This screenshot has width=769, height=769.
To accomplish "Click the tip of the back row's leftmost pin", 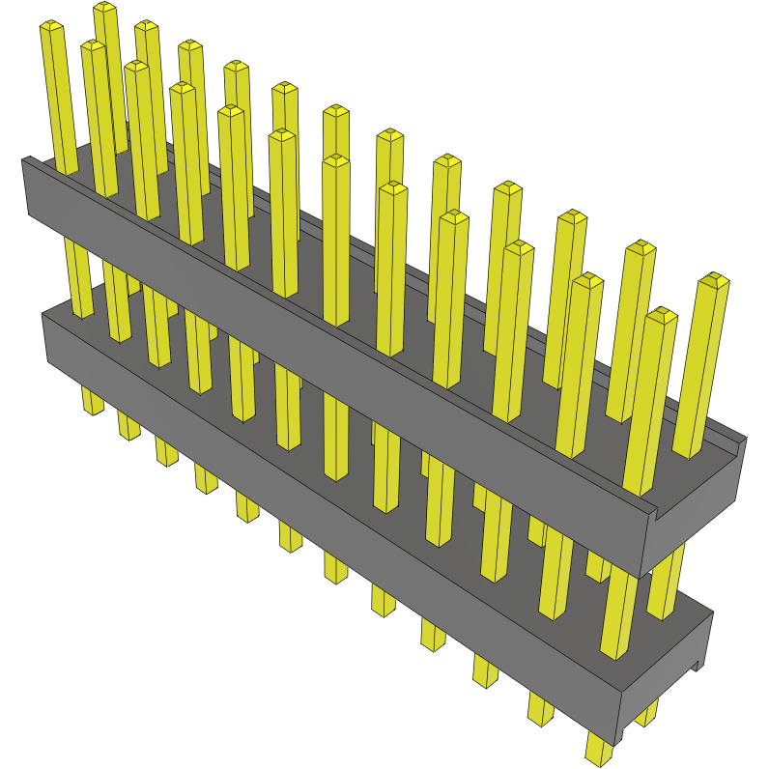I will (104, 9).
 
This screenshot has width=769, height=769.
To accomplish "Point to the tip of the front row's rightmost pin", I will (662, 315).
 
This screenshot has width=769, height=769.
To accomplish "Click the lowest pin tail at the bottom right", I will (600, 749).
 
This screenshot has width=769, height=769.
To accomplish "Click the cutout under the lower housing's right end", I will (698, 667).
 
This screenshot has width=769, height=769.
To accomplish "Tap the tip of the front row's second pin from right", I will (586, 280).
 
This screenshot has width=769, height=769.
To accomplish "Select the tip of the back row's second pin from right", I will (640, 248).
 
